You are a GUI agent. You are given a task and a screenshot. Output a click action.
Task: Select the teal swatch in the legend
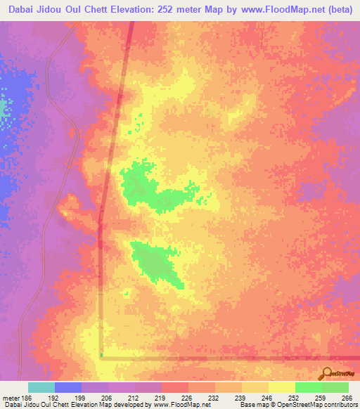pyautogui.click(x=41, y=387)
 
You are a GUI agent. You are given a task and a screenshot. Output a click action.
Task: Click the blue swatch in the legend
pyautogui.click(x=68, y=387)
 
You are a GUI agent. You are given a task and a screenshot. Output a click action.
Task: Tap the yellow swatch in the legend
pyautogui.click(x=281, y=387)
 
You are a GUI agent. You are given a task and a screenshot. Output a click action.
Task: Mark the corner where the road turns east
pyautogui.click(x=102, y=356)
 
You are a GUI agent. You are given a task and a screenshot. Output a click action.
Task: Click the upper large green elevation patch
pyautogui.click(x=144, y=185)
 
